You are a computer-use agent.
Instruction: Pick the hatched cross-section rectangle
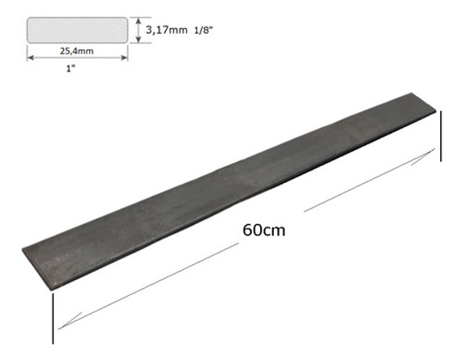pyautogui.click(x=77, y=31)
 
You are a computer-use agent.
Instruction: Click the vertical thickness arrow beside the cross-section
pyautogui.click(x=139, y=31)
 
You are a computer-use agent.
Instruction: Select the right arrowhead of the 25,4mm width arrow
pyautogui.click(x=125, y=56)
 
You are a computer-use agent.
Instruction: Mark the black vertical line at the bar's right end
pyautogui.click(x=441, y=136)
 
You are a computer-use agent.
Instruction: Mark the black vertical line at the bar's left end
pyautogui.click(x=52, y=317)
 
